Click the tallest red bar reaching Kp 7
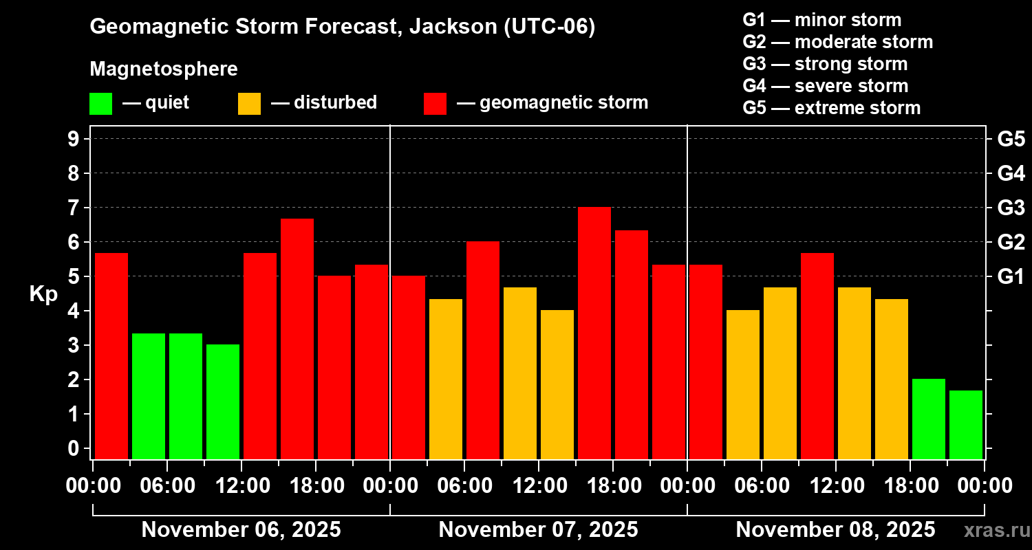point(594,333)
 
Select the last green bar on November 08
point(966,424)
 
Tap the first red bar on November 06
point(111,355)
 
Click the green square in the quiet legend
point(100,104)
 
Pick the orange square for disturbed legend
point(249,104)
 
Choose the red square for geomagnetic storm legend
point(435,104)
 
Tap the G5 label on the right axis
point(1011,140)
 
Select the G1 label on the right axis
point(1011,277)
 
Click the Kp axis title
point(43,294)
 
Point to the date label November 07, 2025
point(538,530)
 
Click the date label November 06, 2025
point(241,530)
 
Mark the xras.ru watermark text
point(991,531)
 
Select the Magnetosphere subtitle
point(164,69)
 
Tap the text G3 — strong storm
point(825,64)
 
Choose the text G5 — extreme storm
point(831,108)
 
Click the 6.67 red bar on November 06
point(297,338)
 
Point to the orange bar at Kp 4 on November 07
point(557,384)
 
